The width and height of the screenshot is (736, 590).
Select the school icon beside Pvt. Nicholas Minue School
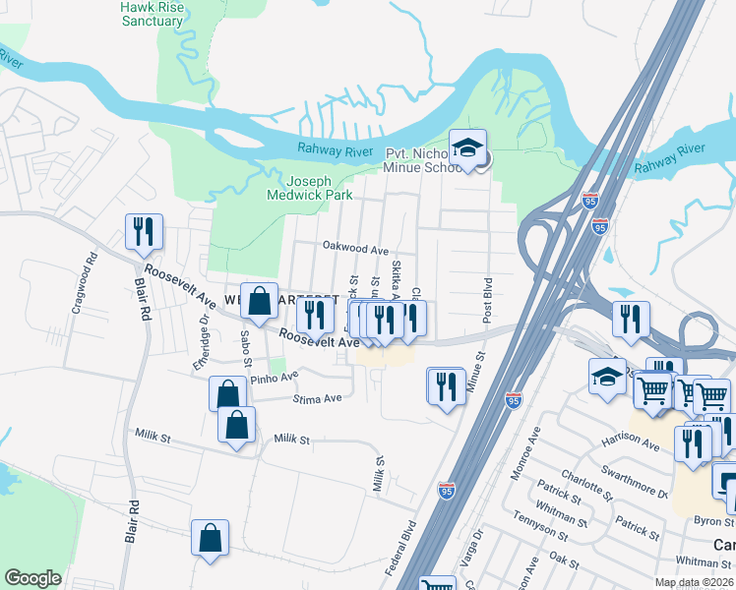[467, 148]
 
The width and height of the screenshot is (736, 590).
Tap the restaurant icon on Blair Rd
[144, 232]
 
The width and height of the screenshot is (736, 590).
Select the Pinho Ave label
[274, 377]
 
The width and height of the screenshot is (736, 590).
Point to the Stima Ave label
[318, 398]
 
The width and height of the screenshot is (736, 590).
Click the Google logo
[33, 578]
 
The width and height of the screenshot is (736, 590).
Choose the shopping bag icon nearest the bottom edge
[211, 538]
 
